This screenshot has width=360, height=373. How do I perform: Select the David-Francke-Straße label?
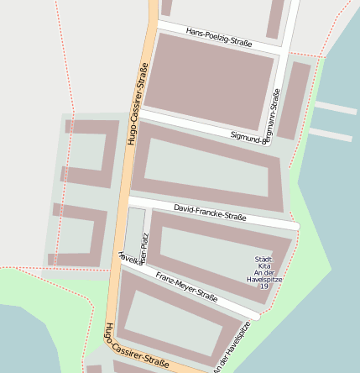tap(210, 211)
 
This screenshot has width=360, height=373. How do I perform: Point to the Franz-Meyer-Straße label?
tap(186, 286)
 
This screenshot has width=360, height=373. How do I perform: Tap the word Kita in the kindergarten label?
tap(263, 266)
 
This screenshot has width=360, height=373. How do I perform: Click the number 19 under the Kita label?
tap(263, 286)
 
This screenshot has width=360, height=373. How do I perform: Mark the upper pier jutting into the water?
tap(335, 108)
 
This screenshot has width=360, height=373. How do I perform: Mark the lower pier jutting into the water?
tap(330, 134)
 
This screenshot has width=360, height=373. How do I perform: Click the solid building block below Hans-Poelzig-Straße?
tap(213, 81)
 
